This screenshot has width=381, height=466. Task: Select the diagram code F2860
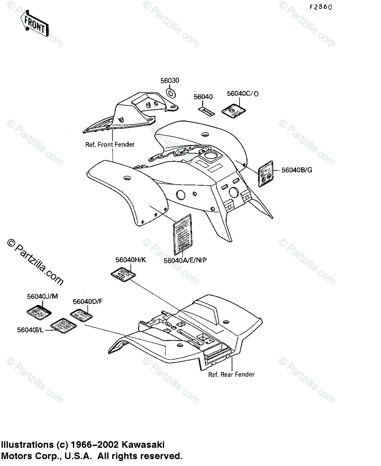321,7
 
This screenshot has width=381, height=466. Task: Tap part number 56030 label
170,81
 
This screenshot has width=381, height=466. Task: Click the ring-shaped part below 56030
171,93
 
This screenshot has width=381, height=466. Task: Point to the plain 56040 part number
203,97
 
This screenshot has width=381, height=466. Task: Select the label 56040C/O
243,93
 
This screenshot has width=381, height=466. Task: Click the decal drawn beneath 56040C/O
232,111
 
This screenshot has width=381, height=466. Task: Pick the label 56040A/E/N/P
185,260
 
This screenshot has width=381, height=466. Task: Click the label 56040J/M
42,296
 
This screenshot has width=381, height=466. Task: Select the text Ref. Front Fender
110,144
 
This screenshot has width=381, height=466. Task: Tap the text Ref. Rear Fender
231,375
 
